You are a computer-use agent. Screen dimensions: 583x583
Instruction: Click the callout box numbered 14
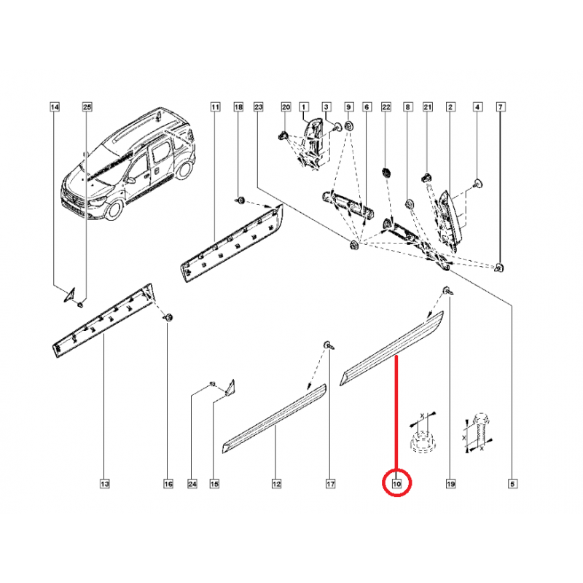(55, 107)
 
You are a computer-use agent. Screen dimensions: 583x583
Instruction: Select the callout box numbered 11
(215, 107)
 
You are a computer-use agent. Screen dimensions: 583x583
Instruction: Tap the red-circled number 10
(397, 484)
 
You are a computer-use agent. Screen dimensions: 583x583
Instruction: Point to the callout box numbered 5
(512, 484)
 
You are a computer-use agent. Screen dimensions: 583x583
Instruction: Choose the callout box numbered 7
(501, 107)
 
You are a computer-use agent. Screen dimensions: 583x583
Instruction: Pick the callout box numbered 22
(386, 107)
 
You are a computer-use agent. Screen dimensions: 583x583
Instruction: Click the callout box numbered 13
(104, 484)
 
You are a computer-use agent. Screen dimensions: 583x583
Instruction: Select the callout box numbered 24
(192, 484)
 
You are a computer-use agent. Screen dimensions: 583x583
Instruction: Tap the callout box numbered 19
(450, 484)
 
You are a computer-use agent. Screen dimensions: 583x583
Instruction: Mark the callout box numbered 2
(450, 107)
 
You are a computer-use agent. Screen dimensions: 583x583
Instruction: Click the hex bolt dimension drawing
(479, 432)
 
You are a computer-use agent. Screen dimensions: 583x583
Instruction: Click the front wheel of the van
(114, 210)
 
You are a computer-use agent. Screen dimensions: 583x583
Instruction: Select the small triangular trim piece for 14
(70, 294)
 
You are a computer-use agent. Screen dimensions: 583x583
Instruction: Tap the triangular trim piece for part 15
(230, 387)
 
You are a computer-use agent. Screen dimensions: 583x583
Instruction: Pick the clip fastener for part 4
(478, 183)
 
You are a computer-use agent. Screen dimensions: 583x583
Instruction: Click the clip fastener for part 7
(499, 267)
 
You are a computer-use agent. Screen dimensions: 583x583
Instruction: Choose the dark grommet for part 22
(386, 173)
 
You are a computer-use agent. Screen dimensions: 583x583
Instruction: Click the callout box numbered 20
(286, 107)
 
